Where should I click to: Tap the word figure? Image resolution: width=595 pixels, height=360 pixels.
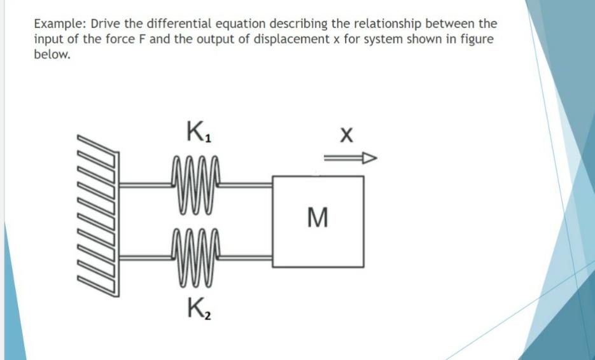point(477,39)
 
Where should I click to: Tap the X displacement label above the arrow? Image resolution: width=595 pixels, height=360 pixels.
point(346,135)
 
